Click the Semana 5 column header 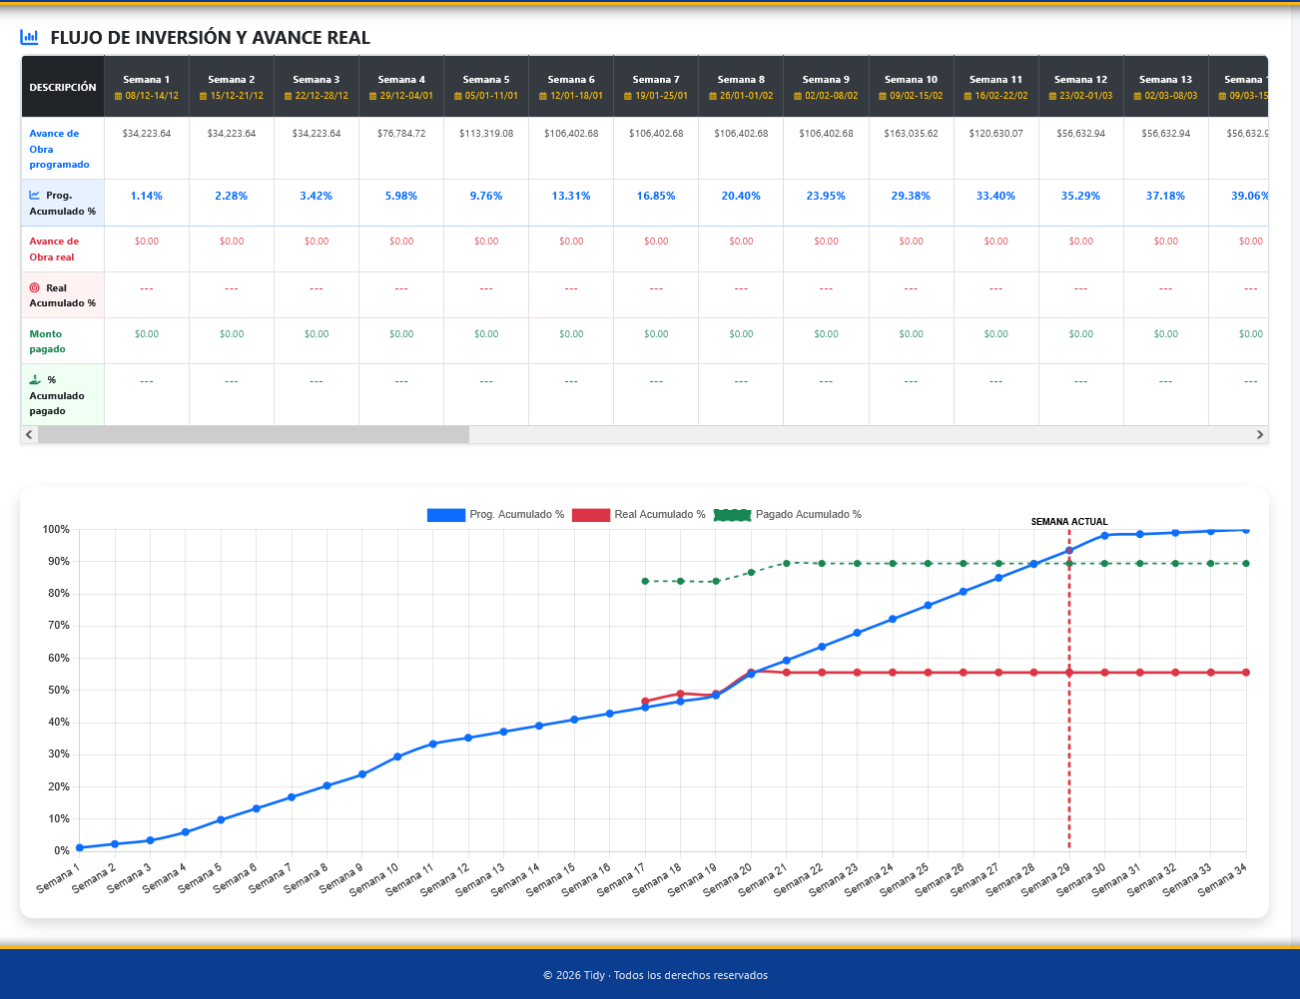click(486, 87)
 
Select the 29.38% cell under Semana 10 click(911, 196)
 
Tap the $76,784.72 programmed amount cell click(400, 134)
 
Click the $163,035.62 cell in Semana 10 click(911, 134)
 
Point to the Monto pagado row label click(46, 341)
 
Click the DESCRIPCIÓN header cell click(63, 87)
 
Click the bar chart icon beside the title click(29, 37)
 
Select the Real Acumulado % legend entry click(638, 515)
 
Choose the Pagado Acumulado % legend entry click(788, 515)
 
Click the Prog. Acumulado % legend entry click(495, 515)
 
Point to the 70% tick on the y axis click(56, 626)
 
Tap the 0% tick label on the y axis click(61, 850)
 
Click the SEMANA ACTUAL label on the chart click(1069, 522)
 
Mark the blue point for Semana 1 click(80, 847)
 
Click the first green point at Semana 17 click(645, 581)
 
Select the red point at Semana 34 click(1246, 673)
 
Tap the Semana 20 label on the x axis click(728, 879)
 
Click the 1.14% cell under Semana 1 click(146, 196)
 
